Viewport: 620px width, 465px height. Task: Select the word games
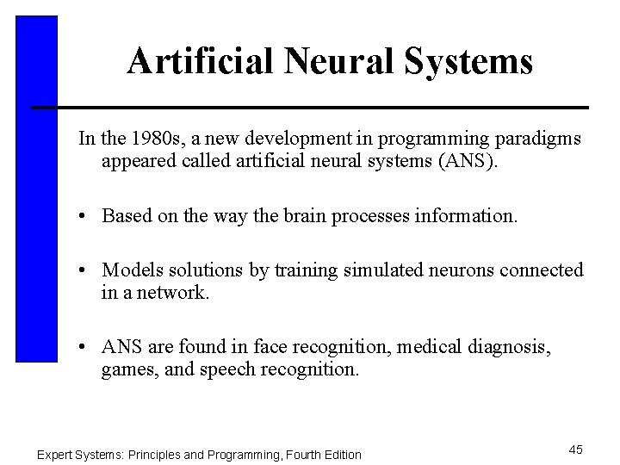127,369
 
